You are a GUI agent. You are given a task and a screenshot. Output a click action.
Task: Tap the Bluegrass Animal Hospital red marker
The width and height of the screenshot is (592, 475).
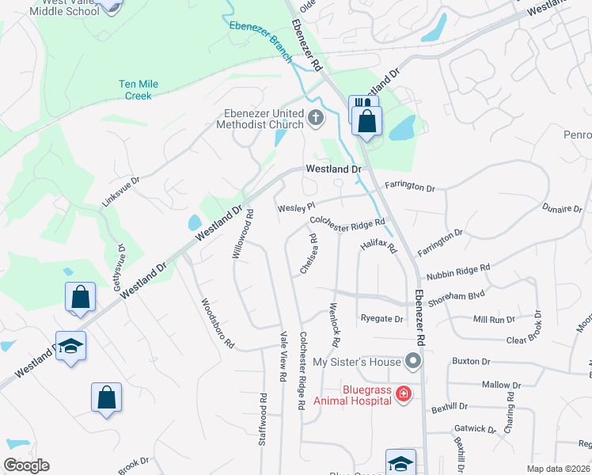tap(403, 393)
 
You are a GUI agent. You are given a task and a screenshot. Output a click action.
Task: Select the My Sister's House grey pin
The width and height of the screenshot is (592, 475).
tap(412, 362)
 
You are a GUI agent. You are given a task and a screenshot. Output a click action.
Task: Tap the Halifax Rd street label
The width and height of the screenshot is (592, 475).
tap(378, 247)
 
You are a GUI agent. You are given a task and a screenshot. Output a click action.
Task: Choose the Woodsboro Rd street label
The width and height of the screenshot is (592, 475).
tap(218, 323)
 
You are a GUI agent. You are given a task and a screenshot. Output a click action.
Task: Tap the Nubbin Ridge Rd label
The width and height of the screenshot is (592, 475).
tap(458, 272)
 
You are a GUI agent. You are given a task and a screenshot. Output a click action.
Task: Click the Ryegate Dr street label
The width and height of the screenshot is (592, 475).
tap(381, 319)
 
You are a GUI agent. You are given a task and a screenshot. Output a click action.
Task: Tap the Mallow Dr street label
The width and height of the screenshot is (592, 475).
tap(501, 385)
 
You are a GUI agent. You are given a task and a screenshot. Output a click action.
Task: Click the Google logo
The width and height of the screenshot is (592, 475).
tap(26, 465)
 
